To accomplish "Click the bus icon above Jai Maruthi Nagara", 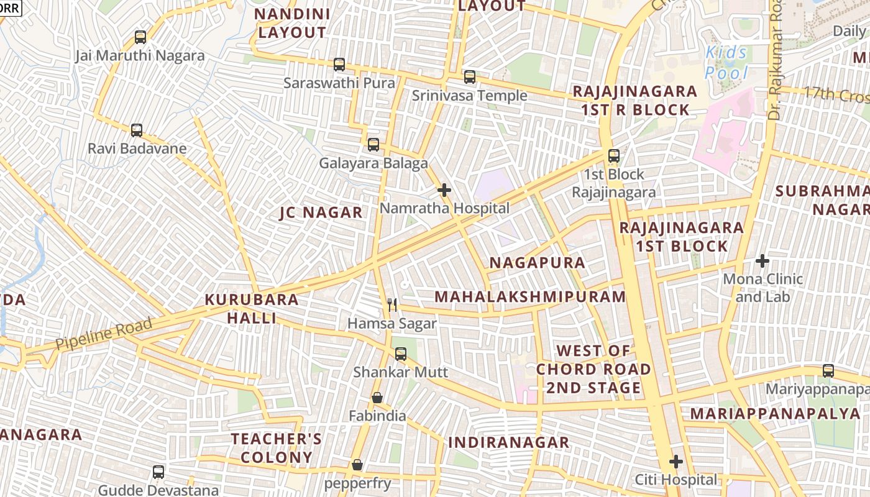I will [140, 37].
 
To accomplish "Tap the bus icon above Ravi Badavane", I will [137, 130].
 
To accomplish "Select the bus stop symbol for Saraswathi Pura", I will [339, 64].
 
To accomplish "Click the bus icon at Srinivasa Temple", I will [470, 77].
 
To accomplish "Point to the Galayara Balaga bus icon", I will [373, 145].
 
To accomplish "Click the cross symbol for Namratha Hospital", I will [444, 190].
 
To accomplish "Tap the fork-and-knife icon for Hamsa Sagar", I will [392, 305].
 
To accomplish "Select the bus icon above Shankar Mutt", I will [401, 354].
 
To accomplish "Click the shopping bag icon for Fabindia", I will [377, 398].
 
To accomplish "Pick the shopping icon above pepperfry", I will [357, 465].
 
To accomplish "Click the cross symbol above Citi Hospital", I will [676, 462].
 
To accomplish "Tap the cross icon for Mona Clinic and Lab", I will [762, 261].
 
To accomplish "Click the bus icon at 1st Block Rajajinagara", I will [614, 156].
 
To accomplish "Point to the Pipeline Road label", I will [104, 334].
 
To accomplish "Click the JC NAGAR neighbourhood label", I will [321, 212].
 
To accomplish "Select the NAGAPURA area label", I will [538, 263].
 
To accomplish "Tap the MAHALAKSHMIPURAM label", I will [530, 296].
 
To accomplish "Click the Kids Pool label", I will [727, 63].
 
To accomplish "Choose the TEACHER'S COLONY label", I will [277, 448].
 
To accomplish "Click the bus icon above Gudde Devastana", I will [158, 472].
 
